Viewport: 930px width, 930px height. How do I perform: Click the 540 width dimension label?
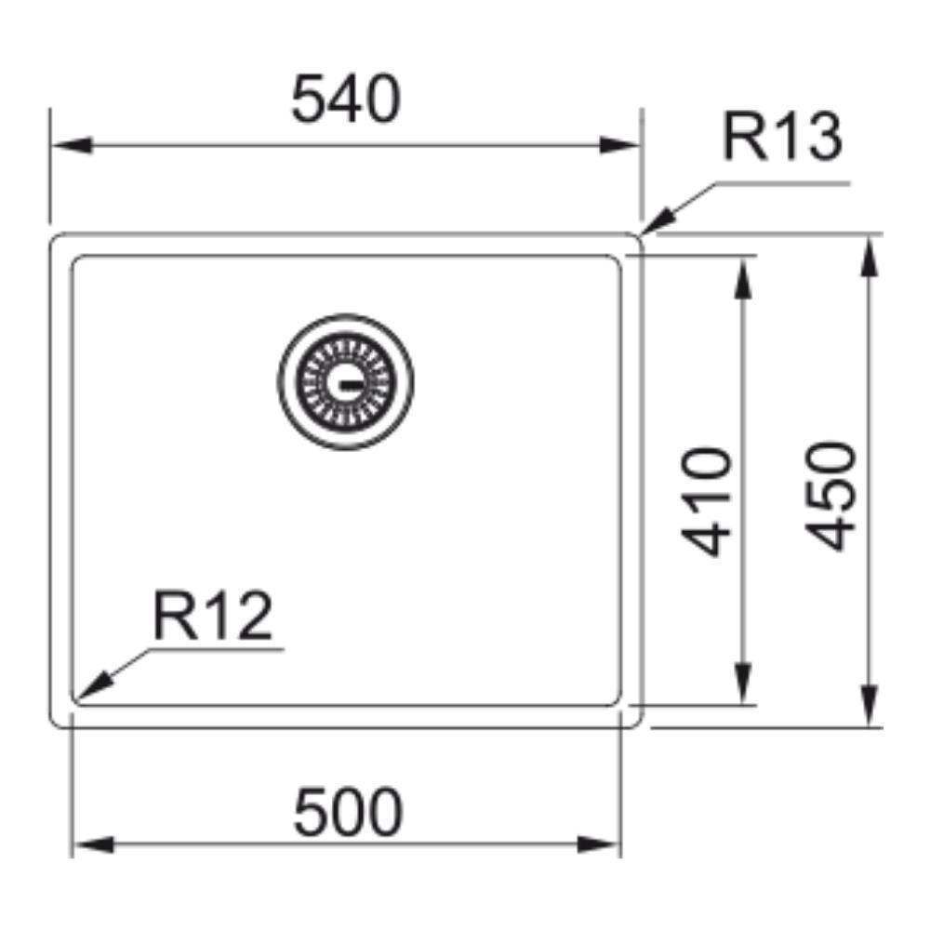tap(346, 99)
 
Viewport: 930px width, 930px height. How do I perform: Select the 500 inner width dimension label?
tap(349, 812)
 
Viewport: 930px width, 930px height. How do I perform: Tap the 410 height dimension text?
tap(707, 502)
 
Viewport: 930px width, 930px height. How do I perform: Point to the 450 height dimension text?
tap(830, 496)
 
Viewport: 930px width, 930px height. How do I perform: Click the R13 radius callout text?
tap(782, 137)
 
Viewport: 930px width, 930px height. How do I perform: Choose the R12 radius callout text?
tap(213, 616)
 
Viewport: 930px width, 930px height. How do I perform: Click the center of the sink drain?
tap(346, 382)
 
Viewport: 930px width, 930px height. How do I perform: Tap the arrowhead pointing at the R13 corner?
tap(658, 220)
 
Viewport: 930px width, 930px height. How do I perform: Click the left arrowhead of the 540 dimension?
tap(73, 145)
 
